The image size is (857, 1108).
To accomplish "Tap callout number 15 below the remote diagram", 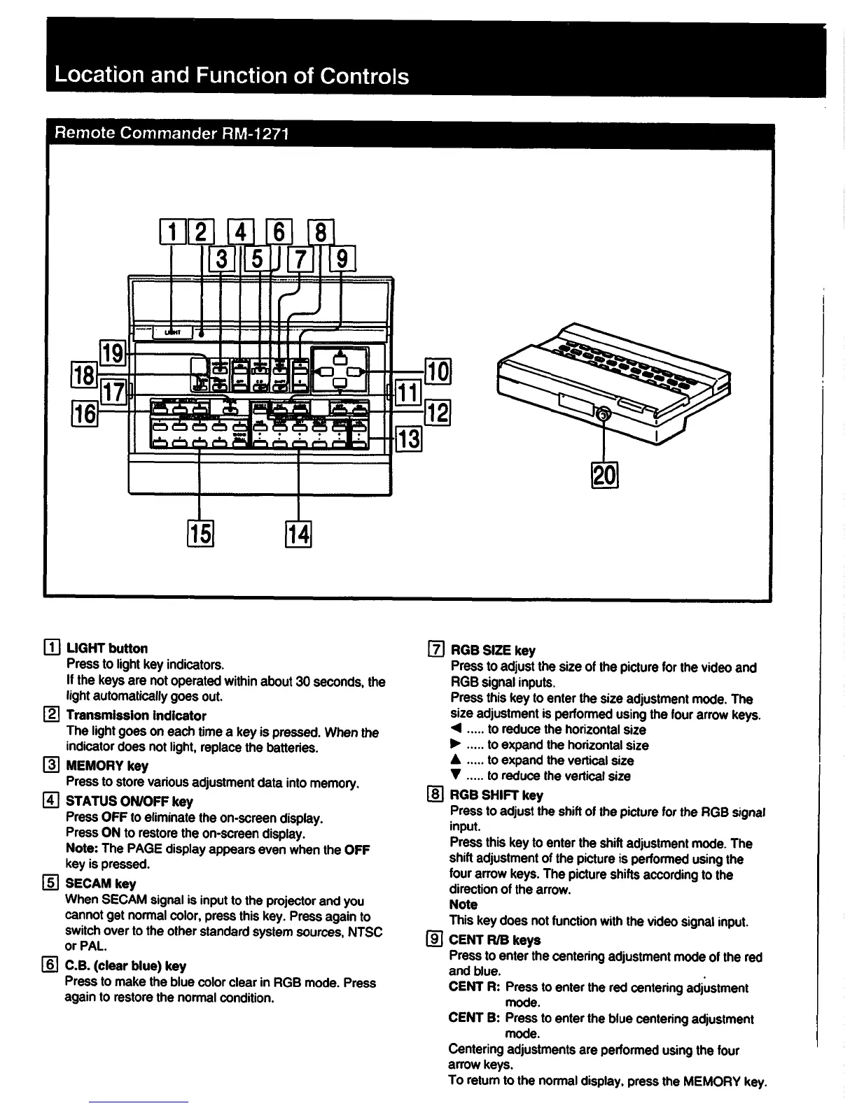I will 200,534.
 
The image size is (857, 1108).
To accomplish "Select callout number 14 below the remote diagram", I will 298,534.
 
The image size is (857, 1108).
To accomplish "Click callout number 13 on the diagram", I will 409,440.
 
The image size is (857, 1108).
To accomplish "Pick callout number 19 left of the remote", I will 113,350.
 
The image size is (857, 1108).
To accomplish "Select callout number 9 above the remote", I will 342,258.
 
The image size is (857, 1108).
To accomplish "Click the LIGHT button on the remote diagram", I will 171,333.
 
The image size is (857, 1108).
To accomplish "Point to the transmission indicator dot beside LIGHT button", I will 202,334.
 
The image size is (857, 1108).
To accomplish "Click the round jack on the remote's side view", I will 602,415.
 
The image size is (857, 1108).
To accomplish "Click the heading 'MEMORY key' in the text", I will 107,766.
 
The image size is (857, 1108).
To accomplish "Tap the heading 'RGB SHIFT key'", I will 496,795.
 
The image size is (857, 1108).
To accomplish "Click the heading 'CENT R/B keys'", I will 494,940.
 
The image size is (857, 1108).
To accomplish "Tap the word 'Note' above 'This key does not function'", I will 463,904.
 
